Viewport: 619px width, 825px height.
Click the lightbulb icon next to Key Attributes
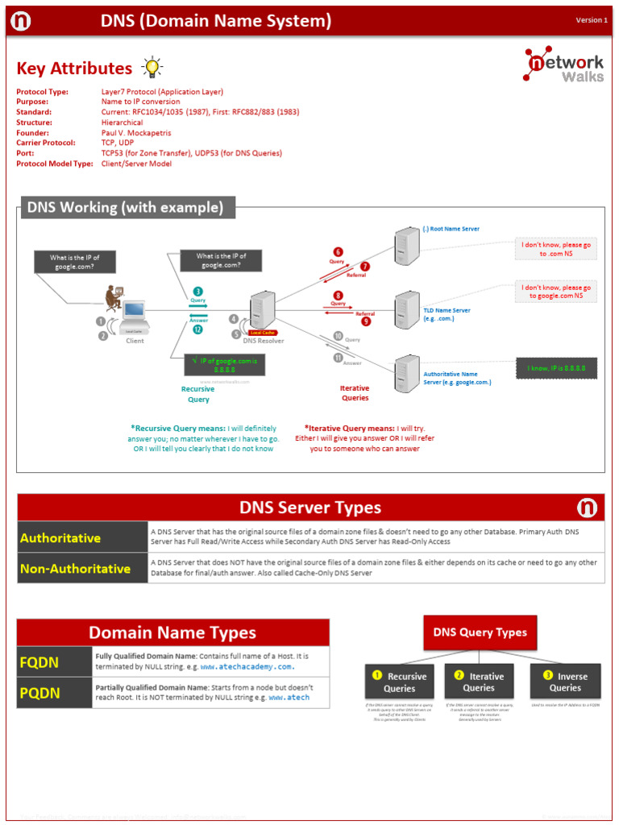click(x=151, y=68)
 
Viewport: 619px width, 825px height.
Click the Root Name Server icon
click(x=406, y=247)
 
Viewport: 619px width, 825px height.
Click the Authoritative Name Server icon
click(x=406, y=374)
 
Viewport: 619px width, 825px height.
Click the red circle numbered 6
click(x=338, y=252)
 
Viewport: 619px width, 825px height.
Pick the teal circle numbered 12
click(x=197, y=330)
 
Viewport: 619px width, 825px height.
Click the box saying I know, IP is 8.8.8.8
click(x=557, y=368)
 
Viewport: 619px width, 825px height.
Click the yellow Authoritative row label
click(x=82, y=537)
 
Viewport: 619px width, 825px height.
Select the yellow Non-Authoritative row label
click(x=82, y=568)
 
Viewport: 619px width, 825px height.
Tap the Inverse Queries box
click(x=565, y=682)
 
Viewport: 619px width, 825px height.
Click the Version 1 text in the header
click(x=592, y=20)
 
